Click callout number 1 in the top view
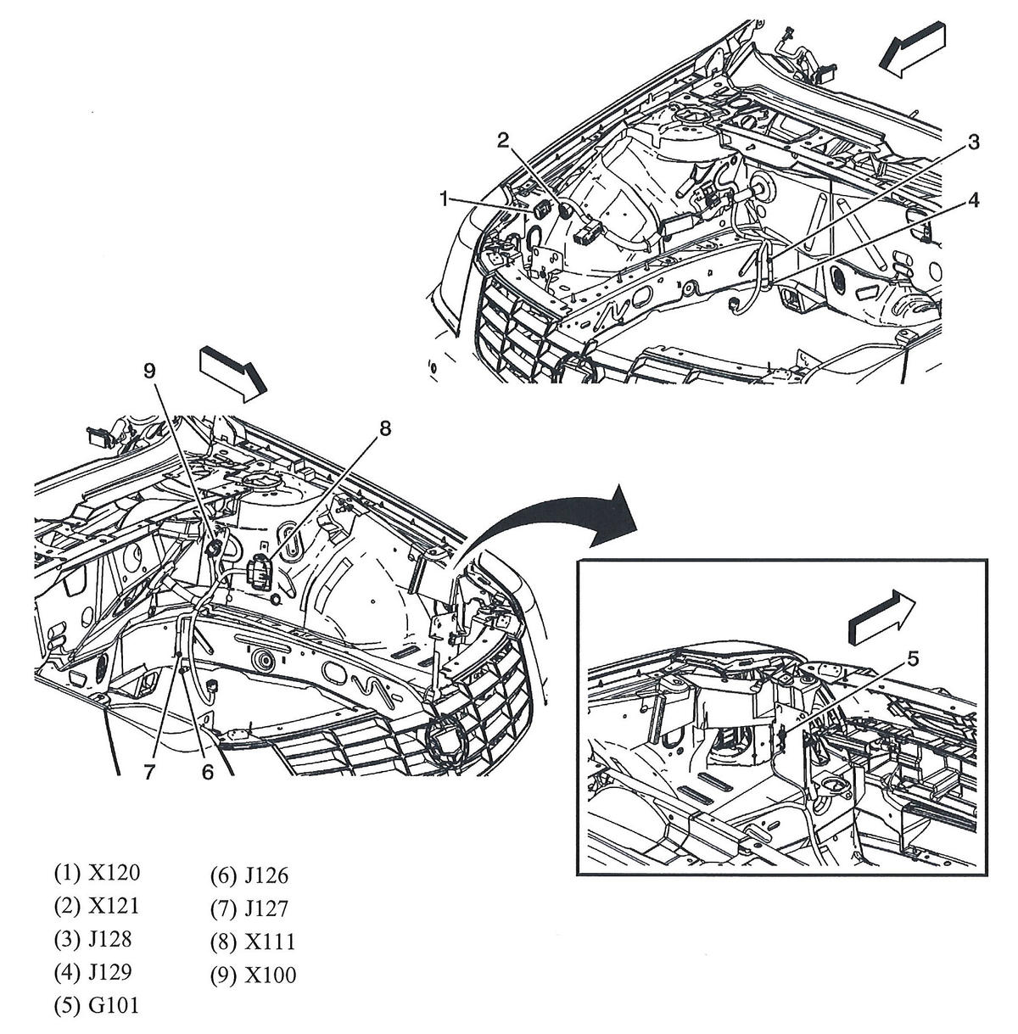[443, 198]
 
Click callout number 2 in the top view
[503, 141]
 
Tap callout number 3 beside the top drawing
[974, 143]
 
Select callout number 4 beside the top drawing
[974, 200]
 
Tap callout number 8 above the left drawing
[385, 429]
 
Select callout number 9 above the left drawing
[149, 371]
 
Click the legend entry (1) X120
[96, 872]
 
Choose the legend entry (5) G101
[96, 1006]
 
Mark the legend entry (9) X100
[253, 975]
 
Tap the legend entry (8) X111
[253, 942]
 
